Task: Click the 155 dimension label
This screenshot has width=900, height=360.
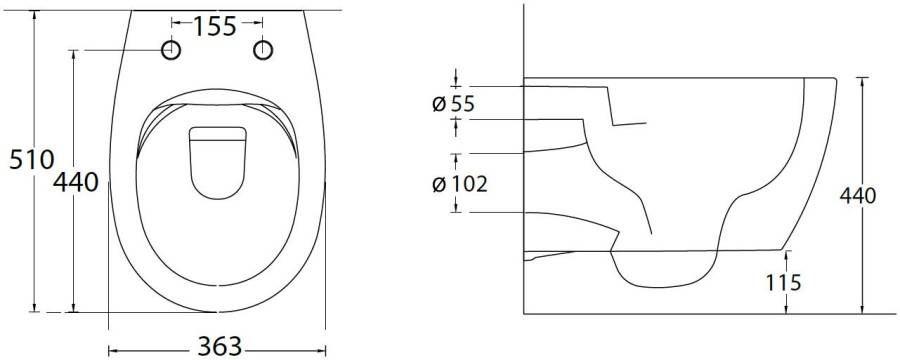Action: pos(214,26)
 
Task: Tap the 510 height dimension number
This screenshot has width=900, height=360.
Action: pos(32,159)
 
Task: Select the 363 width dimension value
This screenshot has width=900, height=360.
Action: pos(220,346)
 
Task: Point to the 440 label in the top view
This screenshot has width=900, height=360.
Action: pos(76,183)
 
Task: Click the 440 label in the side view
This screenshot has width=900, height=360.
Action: pos(858,196)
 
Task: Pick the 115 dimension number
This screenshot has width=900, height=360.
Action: pos(783,282)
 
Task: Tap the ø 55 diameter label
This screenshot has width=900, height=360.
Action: pos(453,104)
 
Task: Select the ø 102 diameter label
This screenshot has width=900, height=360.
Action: pos(459,184)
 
